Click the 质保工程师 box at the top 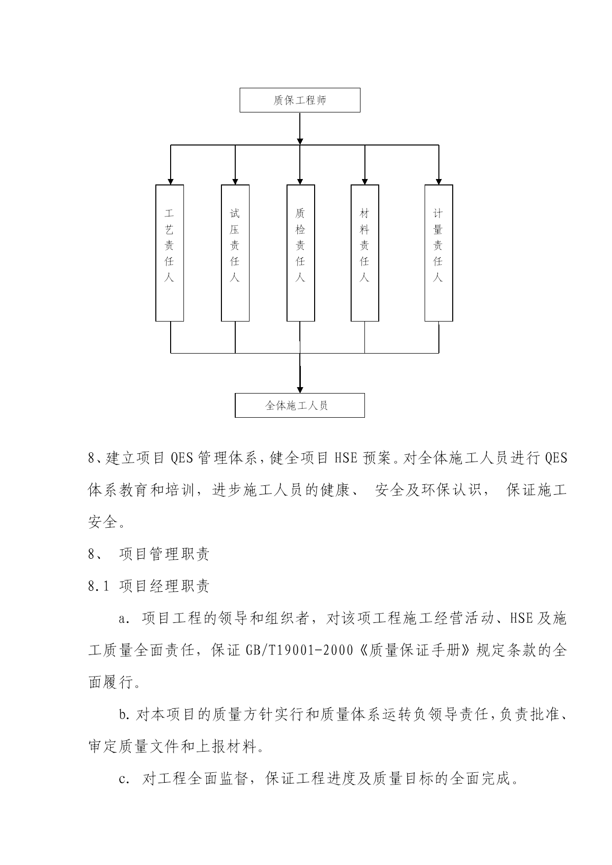click(x=300, y=100)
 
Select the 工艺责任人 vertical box click(x=170, y=253)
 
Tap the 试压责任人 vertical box click(x=235, y=253)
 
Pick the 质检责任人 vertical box click(x=301, y=253)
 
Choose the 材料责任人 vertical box click(x=365, y=253)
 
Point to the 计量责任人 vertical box click(x=439, y=253)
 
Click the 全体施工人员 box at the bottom click(x=300, y=405)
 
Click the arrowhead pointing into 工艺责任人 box click(x=171, y=181)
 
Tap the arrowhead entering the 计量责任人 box click(x=439, y=181)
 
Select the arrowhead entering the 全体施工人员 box click(x=300, y=390)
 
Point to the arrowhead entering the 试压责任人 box click(x=235, y=181)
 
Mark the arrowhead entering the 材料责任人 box click(x=365, y=181)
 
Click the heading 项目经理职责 click(x=164, y=586)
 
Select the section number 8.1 click(x=98, y=586)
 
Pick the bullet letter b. click(x=123, y=715)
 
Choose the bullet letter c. click(x=123, y=780)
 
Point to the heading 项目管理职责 click(x=164, y=554)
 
